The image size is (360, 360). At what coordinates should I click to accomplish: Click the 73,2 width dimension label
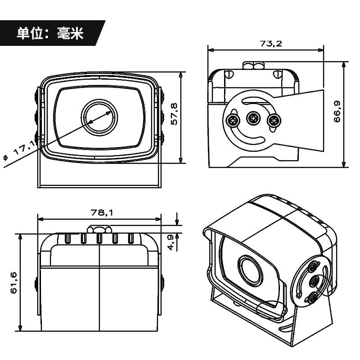tap(271, 44)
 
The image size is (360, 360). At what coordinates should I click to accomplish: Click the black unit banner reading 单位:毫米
tap(50, 33)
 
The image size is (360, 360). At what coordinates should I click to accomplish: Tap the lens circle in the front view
tap(99, 116)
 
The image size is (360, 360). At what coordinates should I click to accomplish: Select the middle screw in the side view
tap(254, 120)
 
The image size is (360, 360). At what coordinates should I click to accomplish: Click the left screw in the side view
tap(233, 120)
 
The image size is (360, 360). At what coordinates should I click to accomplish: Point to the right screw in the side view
tap(273, 120)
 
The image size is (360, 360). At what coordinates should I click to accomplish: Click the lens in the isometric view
tap(248, 269)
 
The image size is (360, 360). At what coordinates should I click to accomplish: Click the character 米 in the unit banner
tap(76, 33)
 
